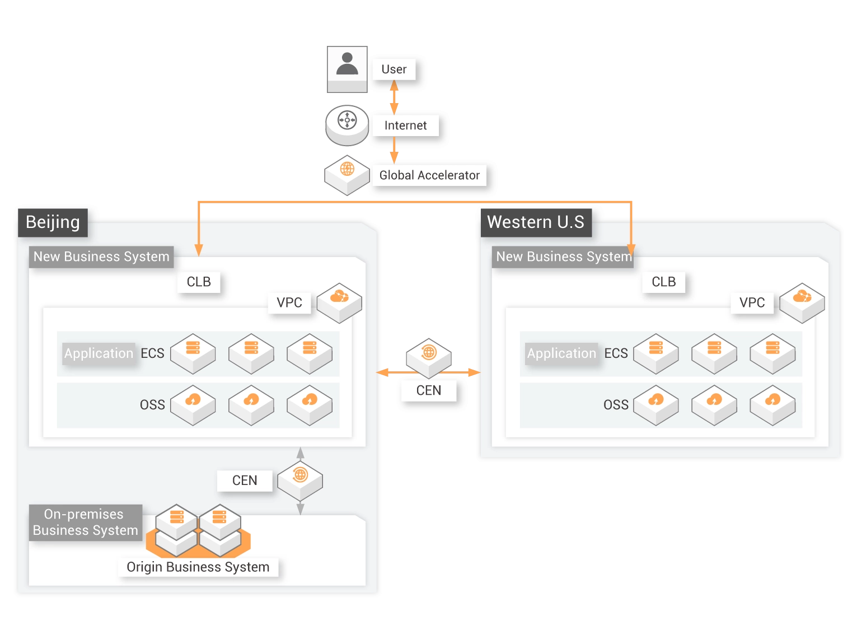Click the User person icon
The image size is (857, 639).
pyautogui.click(x=346, y=69)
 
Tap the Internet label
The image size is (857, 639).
pyautogui.click(x=405, y=125)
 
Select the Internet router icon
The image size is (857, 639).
pyautogui.click(x=346, y=125)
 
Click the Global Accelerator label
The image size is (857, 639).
pyautogui.click(x=429, y=175)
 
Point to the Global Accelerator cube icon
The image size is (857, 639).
pyautogui.click(x=346, y=175)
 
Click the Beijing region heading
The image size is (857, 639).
pyautogui.click(x=53, y=222)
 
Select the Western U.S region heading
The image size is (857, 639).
pyautogui.click(x=536, y=222)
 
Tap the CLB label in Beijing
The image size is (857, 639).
pyautogui.click(x=198, y=282)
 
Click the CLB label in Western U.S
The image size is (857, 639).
pyautogui.click(x=663, y=282)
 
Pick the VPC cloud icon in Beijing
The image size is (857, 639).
pyautogui.click(x=339, y=303)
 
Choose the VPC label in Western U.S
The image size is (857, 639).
pyautogui.click(x=752, y=302)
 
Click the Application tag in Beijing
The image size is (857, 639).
pyautogui.click(x=99, y=353)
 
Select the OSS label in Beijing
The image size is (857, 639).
pyautogui.click(x=152, y=405)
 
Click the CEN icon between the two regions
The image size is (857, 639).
pyautogui.click(x=428, y=358)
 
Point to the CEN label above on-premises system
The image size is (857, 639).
pyautogui.click(x=245, y=480)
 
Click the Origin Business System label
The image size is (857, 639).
pyautogui.click(x=198, y=566)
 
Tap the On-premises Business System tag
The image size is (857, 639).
pyautogui.click(x=85, y=522)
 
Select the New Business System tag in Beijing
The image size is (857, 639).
pyautogui.click(x=101, y=256)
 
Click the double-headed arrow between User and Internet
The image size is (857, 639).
pyautogui.click(x=394, y=97)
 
